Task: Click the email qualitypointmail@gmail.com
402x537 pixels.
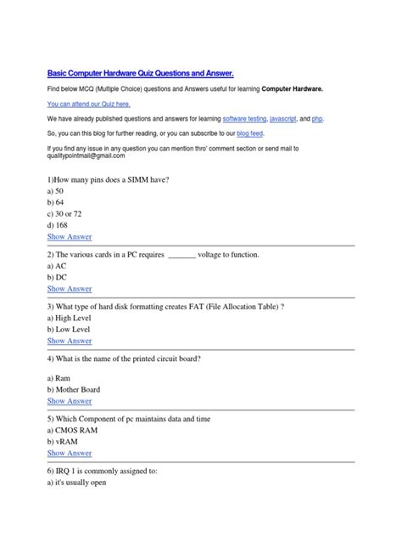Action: click(x=87, y=156)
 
